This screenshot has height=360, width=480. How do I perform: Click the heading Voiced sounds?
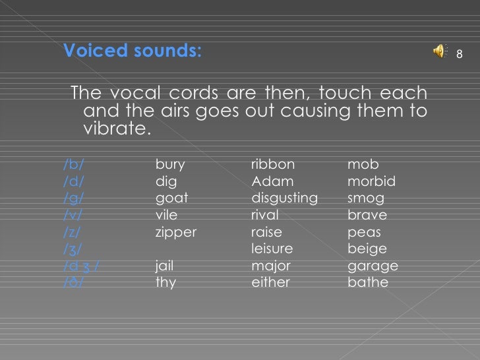pyautogui.click(x=132, y=51)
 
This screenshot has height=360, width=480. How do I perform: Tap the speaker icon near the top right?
pyautogui.click(x=440, y=53)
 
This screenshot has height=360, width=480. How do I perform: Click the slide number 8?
pyautogui.click(x=461, y=53)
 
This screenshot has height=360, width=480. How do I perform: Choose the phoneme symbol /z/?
pyautogui.click(x=74, y=232)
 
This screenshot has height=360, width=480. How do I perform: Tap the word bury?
pyautogui.click(x=170, y=164)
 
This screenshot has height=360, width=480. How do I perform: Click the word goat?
pyautogui.click(x=171, y=198)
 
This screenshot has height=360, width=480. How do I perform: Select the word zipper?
pyautogui.click(x=175, y=232)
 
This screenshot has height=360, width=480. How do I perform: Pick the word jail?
pyautogui.click(x=165, y=266)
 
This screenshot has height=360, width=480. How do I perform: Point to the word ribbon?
pyautogui.click(x=273, y=164)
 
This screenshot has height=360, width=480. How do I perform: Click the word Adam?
pyautogui.click(x=272, y=181)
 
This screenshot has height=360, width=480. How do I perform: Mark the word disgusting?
pyautogui.click(x=284, y=198)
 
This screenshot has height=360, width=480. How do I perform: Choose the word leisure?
pyautogui.click(x=272, y=249)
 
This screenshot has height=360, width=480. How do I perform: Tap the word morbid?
pyautogui.click(x=371, y=181)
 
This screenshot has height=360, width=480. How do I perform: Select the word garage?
pyautogui.click(x=373, y=266)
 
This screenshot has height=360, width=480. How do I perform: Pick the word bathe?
pyautogui.click(x=367, y=283)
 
